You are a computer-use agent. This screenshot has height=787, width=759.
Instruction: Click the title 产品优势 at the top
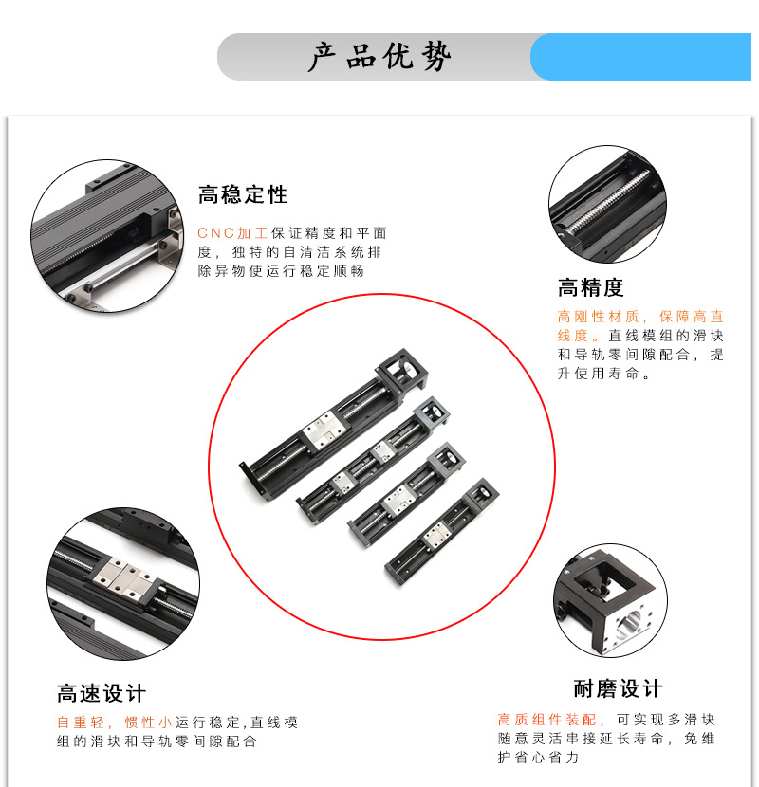[379, 56]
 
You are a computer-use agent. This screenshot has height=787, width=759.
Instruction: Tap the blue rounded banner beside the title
[640, 57]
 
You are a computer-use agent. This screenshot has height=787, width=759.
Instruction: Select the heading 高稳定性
[243, 194]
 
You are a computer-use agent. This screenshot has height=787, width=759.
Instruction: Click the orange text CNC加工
[232, 233]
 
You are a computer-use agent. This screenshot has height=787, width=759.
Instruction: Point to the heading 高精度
[590, 287]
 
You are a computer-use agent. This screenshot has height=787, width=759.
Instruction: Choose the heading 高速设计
[102, 693]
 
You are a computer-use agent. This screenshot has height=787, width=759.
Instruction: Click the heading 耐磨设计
[618, 688]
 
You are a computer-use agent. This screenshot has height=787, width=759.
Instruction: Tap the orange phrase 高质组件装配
[546, 720]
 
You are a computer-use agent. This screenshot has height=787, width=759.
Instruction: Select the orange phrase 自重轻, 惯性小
[114, 723]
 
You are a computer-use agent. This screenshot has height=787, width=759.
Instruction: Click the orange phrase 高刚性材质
[598, 317]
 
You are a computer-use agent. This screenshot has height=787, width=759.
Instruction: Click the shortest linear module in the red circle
[442, 533]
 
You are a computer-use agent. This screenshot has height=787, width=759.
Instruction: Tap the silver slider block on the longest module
[324, 430]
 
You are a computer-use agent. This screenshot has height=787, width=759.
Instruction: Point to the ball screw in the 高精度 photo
[608, 203]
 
